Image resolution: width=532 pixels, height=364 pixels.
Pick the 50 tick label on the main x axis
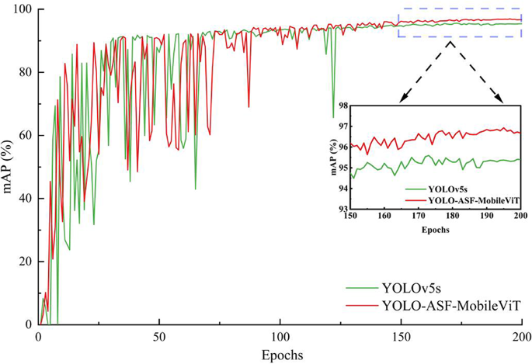[159, 337]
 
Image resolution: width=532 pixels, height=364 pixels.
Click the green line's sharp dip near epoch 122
[333, 117]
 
